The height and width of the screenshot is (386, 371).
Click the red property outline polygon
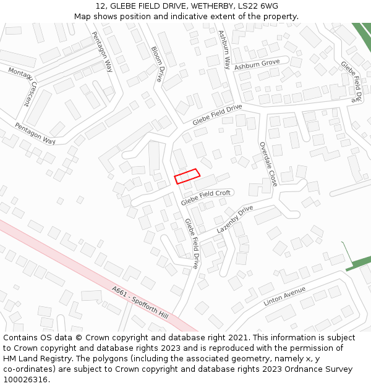(x=187, y=176)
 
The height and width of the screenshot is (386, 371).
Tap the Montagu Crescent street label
(x=23, y=86)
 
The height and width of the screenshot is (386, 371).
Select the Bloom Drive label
(x=157, y=64)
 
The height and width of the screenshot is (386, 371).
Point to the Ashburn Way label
(x=224, y=49)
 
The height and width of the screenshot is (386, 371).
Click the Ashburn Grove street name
(x=257, y=64)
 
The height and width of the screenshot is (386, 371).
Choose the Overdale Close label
(x=268, y=164)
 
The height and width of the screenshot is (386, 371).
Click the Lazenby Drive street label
(x=235, y=219)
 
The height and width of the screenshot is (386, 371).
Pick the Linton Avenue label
(x=284, y=296)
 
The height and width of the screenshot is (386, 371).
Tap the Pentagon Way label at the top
(x=102, y=51)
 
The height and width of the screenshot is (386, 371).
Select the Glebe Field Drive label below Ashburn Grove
(x=217, y=115)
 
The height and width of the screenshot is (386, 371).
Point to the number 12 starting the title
(x=100, y=6)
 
